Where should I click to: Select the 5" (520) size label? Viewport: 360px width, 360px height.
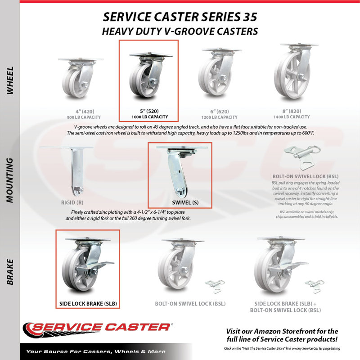(149, 111)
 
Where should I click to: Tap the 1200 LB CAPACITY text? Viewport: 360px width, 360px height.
(219, 117)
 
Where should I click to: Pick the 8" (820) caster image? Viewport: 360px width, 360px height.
(297, 71)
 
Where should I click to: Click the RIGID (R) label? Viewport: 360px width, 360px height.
(72, 202)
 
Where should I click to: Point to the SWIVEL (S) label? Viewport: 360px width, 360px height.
(185, 202)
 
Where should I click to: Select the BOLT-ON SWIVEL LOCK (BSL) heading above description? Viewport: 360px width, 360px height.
(306, 176)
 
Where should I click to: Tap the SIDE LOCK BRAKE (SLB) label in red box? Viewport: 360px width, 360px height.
(88, 304)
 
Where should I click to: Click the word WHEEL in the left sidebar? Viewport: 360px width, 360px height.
(10, 81)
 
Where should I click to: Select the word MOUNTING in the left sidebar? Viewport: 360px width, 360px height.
(10, 180)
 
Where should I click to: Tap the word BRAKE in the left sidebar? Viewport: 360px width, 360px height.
(10, 272)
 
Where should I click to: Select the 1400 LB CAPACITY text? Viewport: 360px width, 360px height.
(291, 117)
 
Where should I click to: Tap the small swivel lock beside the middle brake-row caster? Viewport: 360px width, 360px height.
(215, 286)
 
